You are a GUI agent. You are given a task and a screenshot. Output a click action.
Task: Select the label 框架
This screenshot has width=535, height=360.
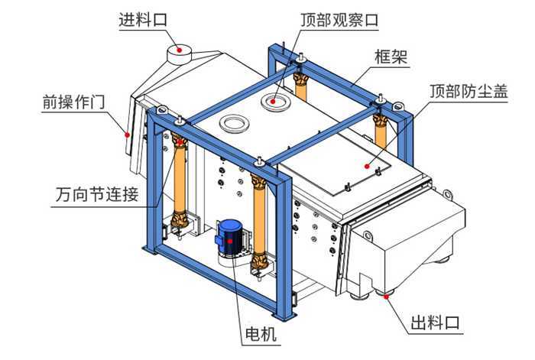click(x=390, y=56)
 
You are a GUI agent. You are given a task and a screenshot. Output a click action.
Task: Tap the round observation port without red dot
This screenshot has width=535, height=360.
click(x=233, y=122)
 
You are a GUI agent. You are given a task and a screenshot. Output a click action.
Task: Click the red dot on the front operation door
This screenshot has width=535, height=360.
click(x=128, y=134)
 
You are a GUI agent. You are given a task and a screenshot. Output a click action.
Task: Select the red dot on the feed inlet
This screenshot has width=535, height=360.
click(x=180, y=50)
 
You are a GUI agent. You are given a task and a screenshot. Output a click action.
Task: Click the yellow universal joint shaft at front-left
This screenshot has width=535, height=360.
click(x=181, y=183)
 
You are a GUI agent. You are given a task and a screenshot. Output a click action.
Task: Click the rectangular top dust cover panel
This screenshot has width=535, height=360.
click(x=336, y=164)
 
